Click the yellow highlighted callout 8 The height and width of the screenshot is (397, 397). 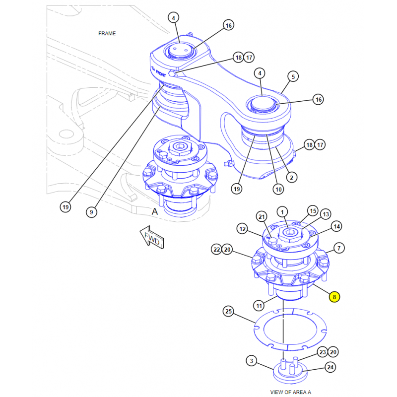click(x=334, y=297)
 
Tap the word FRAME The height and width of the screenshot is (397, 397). click(x=107, y=33)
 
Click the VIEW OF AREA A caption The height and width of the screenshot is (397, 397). click(x=290, y=392)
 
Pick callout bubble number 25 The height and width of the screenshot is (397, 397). click(x=228, y=312)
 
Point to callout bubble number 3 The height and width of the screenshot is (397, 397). click(x=252, y=360)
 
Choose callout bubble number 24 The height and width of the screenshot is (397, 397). click(x=330, y=367)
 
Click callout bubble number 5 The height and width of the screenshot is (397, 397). click(x=293, y=76)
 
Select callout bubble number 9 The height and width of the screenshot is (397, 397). click(x=91, y=212)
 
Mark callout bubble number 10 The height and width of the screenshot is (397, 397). click(x=278, y=189)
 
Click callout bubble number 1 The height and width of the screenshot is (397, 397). click(x=282, y=212)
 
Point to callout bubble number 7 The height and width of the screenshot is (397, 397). click(x=339, y=248)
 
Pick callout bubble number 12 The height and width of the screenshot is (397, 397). click(x=242, y=229)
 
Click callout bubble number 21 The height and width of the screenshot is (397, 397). click(x=262, y=216)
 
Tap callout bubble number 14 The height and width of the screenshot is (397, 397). click(x=337, y=227)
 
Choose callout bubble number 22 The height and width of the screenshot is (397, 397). click(x=216, y=250)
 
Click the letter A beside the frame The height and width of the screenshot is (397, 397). click(x=155, y=210)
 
